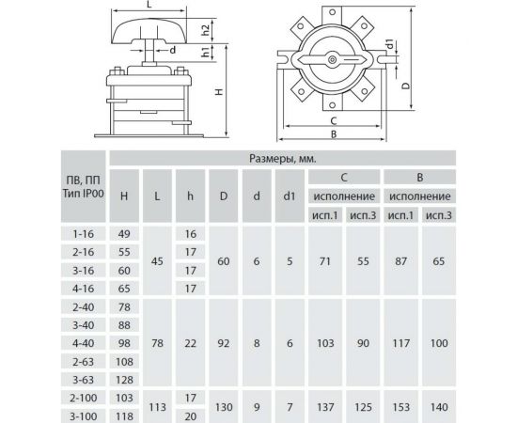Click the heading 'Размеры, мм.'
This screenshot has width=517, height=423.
pos(283,159)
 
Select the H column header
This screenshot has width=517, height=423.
pos(124,196)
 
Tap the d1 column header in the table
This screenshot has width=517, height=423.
pos(290,196)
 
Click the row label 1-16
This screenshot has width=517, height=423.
pos(84,234)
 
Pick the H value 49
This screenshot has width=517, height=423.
pos(124,234)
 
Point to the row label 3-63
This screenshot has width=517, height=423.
pos(84,380)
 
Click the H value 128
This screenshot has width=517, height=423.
pos(124,380)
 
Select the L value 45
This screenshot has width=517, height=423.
pos(157,261)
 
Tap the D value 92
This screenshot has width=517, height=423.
pos(224,343)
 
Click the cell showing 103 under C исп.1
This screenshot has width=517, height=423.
pos(325,343)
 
